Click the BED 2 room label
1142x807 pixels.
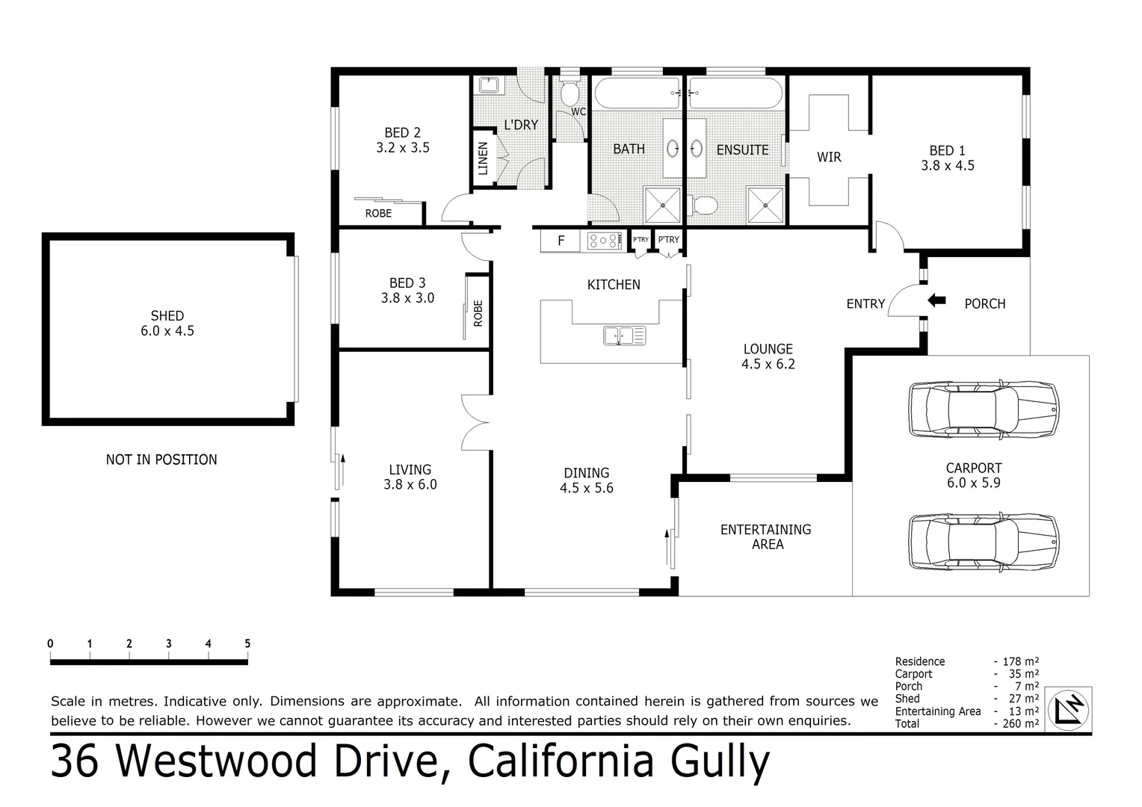(402, 140)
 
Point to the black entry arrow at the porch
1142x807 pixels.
(936, 300)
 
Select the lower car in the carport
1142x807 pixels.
(983, 542)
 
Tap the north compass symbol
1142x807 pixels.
(1069, 708)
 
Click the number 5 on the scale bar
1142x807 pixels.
(247, 643)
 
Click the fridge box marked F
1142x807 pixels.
(561, 241)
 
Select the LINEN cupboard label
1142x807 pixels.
(483, 158)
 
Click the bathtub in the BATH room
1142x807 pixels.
(636, 94)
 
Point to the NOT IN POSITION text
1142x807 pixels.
(161, 460)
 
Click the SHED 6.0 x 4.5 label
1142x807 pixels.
(167, 323)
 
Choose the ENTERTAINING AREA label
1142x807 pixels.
(765, 537)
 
